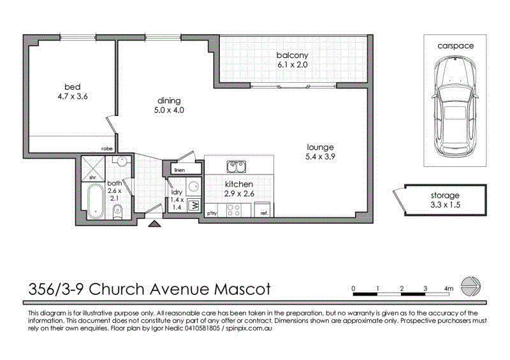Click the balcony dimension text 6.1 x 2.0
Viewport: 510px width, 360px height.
tap(293, 64)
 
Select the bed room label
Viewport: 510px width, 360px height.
tap(72, 87)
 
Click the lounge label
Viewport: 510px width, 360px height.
tap(320, 147)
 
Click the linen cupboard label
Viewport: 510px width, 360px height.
tap(179, 171)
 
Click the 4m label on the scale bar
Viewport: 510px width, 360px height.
tap(449, 289)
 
